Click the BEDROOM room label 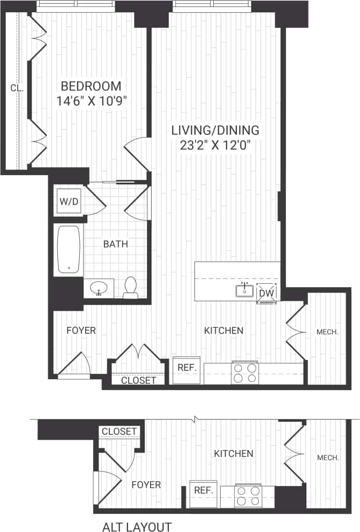(91, 86)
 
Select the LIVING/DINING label (215, 130)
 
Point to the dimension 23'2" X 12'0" (215, 145)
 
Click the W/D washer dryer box (68, 203)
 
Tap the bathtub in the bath (69, 250)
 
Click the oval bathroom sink (98, 289)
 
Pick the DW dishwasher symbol (266, 293)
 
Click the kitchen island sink (244, 290)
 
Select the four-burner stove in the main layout (245, 372)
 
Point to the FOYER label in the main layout (81, 331)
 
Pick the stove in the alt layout (248, 496)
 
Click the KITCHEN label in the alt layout (234, 454)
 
